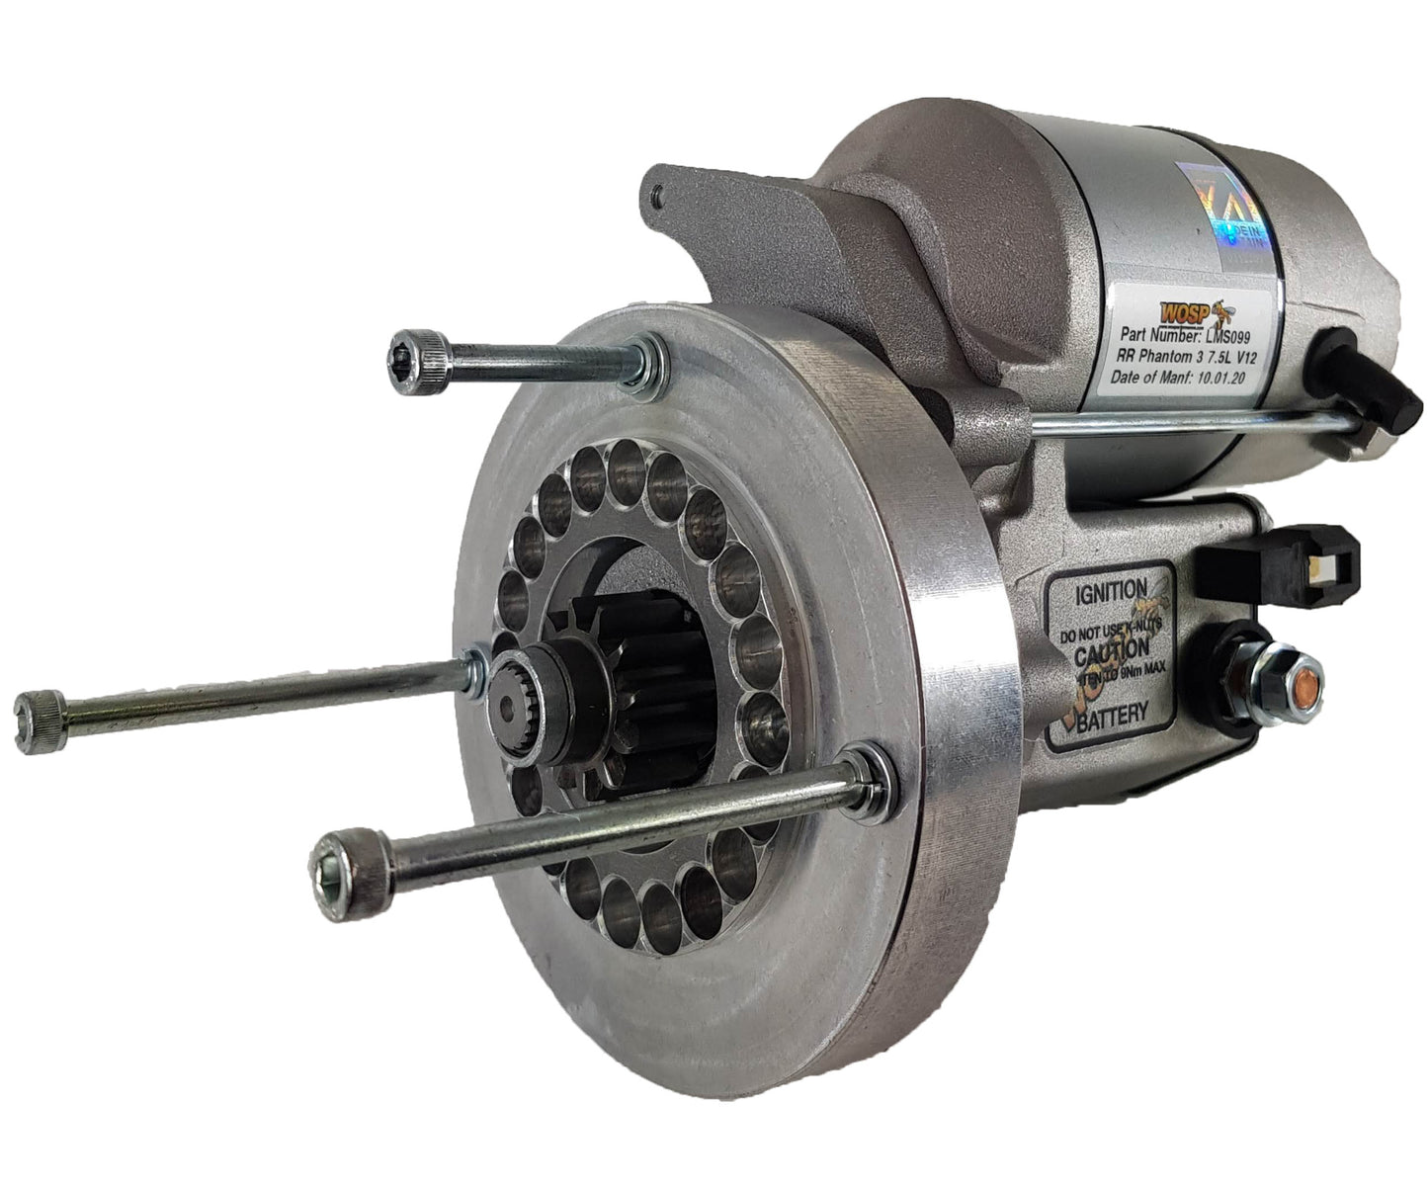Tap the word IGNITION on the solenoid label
click(x=1110, y=594)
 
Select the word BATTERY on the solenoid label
click(x=1112, y=712)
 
